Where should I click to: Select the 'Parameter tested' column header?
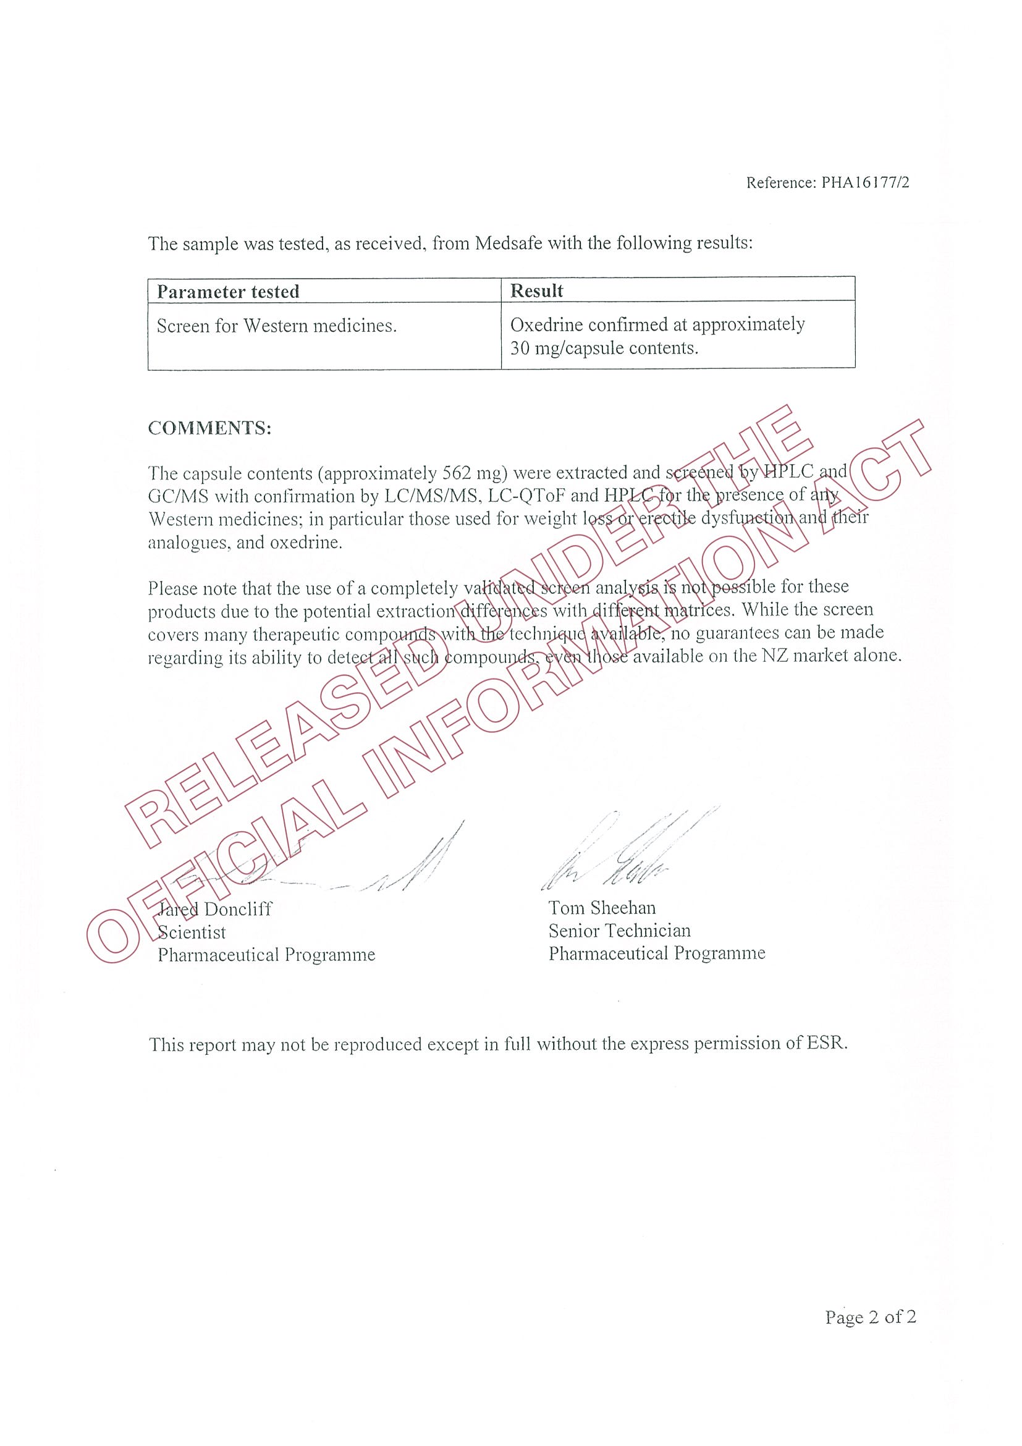(228, 292)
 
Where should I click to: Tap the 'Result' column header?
(536, 290)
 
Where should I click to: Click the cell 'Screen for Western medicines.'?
(276, 326)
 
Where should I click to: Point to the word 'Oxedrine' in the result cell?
(546, 325)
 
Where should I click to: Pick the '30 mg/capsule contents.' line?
(604, 349)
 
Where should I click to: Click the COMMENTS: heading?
(209, 428)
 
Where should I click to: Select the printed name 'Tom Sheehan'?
(601, 908)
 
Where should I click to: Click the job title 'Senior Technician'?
(619, 931)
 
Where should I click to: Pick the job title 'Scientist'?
(192, 932)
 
